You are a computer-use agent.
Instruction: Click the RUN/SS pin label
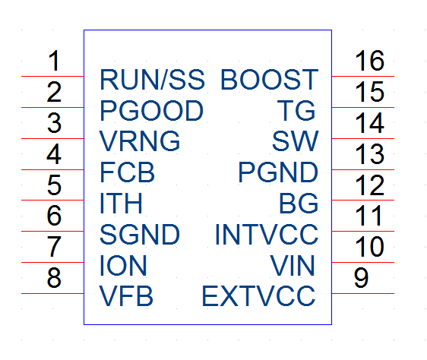pyautogui.click(x=152, y=80)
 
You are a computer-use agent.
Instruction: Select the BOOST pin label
pyautogui.click(x=269, y=80)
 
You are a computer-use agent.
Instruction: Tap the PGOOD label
pyautogui.click(x=152, y=110)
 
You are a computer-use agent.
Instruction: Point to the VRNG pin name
pyautogui.click(x=140, y=141)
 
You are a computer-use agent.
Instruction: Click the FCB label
pyautogui.click(x=127, y=172)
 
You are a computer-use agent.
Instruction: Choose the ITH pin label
pyautogui.click(x=121, y=203)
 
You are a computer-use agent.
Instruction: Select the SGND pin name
pyautogui.click(x=140, y=234)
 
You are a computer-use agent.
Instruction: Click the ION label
pyautogui.click(x=123, y=265)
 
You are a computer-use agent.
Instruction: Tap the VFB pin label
pyautogui.click(x=126, y=296)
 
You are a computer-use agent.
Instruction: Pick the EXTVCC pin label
pyautogui.click(x=258, y=296)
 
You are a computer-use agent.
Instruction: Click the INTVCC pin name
pyautogui.click(x=267, y=234)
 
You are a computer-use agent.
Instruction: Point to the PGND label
pyautogui.click(x=278, y=172)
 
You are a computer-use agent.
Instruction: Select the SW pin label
pyautogui.click(x=296, y=141)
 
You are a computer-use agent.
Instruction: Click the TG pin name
pyautogui.click(x=296, y=110)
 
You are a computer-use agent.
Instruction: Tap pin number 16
pyautogui.click(x=369, y=61)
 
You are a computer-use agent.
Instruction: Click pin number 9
pyautogui.click(x=361, y=278)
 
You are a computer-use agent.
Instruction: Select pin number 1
pyautogui.click(x=54, y=61)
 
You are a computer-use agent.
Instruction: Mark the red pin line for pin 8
pyautogui.click(x=52, y=294)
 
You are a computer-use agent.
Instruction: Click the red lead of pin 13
pyautogui.click(x=362, y=169)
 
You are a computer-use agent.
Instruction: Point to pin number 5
pyautogui.click(x=54, y=185)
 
